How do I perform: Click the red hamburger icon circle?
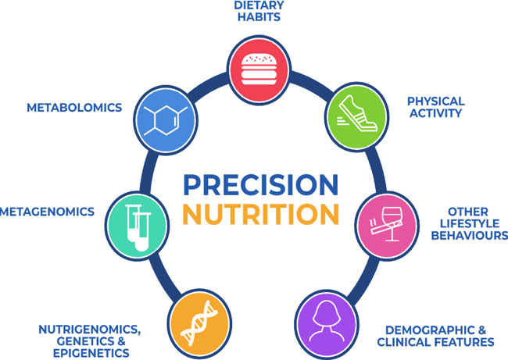pyautogui.click(x=259, y=70)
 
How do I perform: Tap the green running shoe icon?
pyautogui.click(x=357, y=117)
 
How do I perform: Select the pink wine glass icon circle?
pyautogui.click(x=387, y=226)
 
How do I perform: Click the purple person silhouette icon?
pyautogui.click(x=327, y=324)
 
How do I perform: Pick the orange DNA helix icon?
pyautogui.click(x=199, y=323)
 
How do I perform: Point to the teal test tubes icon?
pyautogui.click(x=137, y=226)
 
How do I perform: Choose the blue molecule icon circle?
pyautogui.click(x=166, y=120)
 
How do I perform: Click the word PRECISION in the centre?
pyautogui.click(x=261, y=184)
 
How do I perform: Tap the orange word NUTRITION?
pyautogui.click(x=261, y=214)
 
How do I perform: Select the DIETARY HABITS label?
pyautogui.click(x=259, y=11)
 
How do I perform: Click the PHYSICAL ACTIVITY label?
pyautogui.click(x=436, y=107)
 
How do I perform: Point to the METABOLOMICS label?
pyautogui.click(x=74, y=108)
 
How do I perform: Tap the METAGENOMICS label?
pyautogui.click(x=48, y=212)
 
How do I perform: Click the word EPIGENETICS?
pyautogui.click(x=91, y=353)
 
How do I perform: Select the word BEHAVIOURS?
pyautogui.click(x=470, y=235)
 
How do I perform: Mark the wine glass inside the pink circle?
pyautogui.click(x=392, y=223)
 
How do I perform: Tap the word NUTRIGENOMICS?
pyautogui.click(x=89, y=330)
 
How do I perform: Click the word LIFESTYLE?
pyautogui.click(x=470, y=223)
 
